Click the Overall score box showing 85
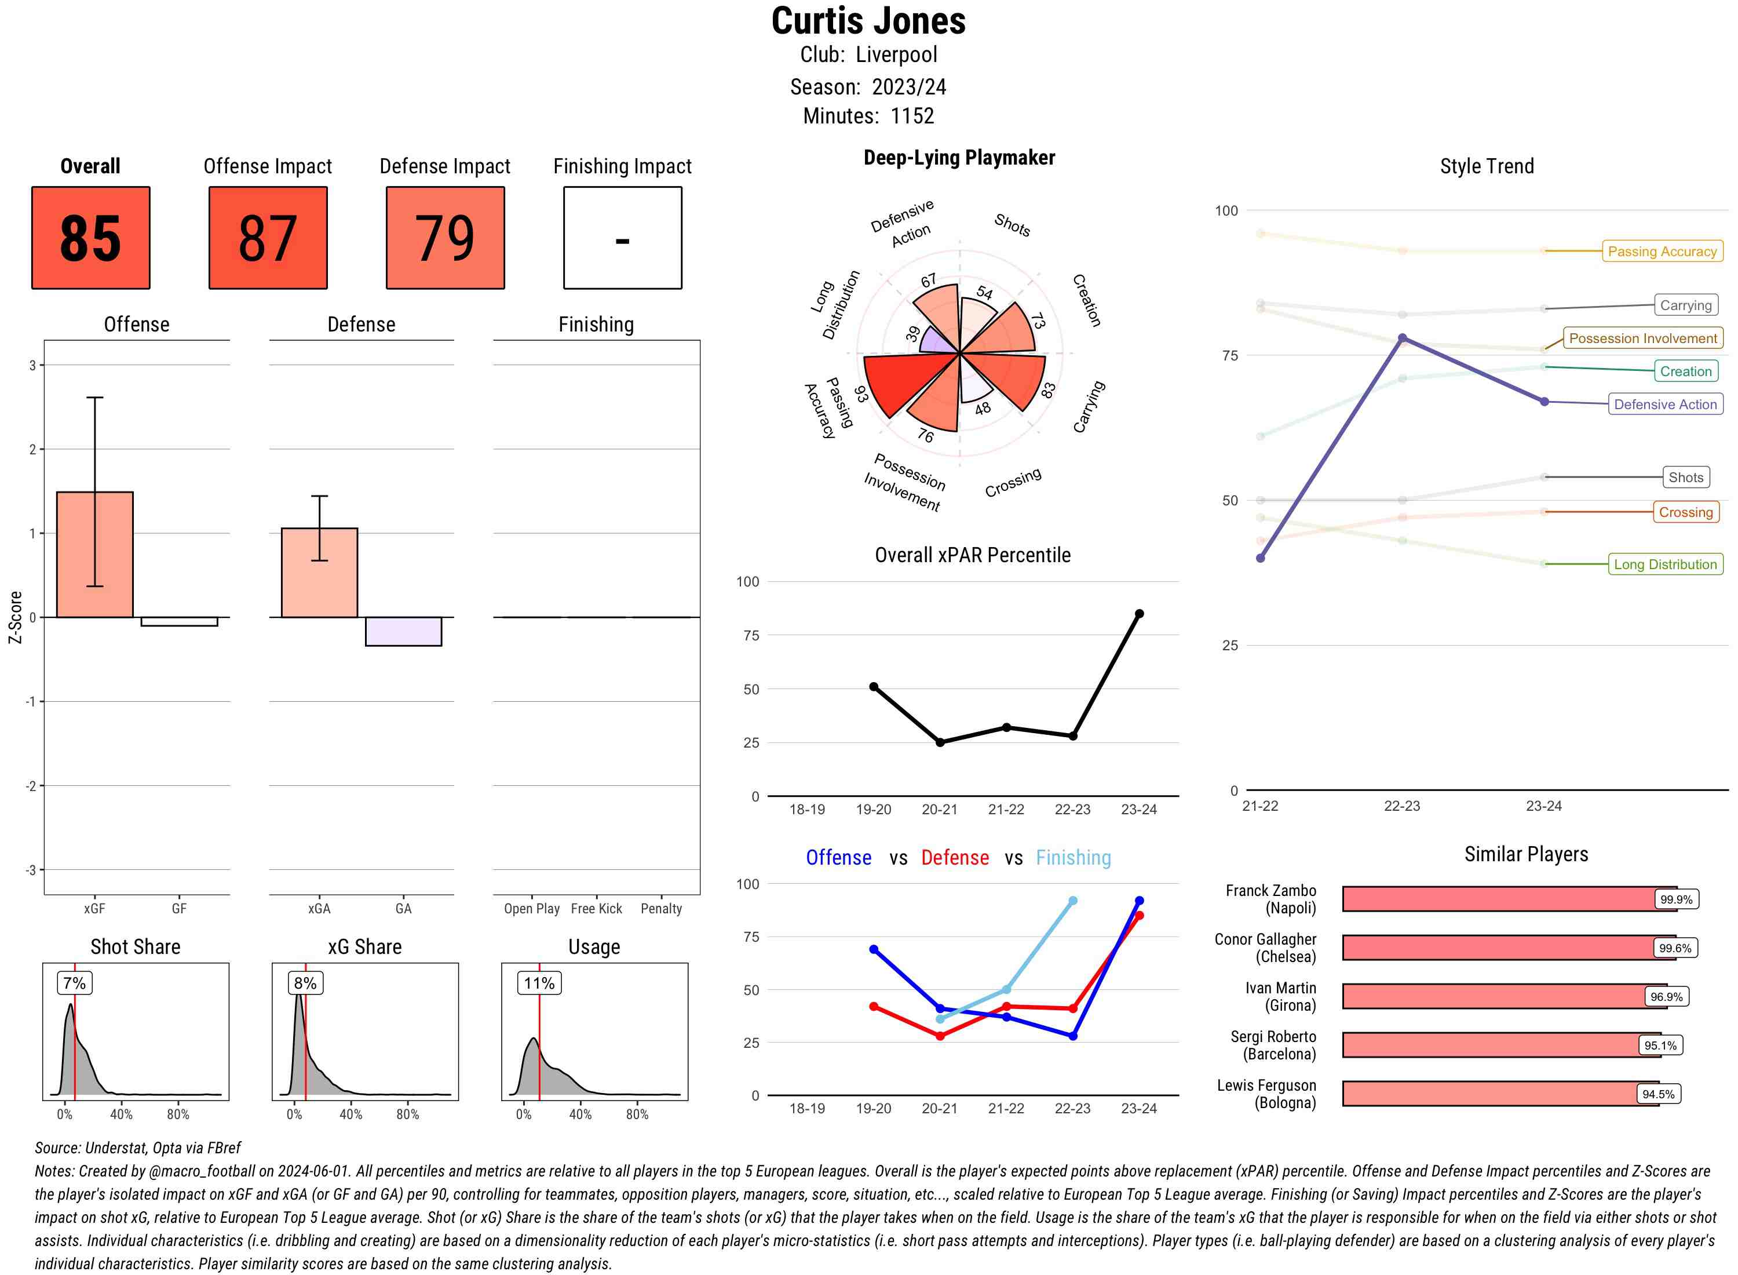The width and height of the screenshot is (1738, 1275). coord(90,238)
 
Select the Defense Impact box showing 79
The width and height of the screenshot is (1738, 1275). coord(445,238)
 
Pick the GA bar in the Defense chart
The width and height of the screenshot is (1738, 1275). coord(403,631)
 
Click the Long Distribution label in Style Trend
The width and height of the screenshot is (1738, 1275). coord(1665,564)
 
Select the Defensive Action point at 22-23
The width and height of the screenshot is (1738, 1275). coord(1401,338)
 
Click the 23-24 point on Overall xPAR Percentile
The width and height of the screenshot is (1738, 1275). coord(1138,614)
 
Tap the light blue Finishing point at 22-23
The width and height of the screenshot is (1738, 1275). coord(1072,901)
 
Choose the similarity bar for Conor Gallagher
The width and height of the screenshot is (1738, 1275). coord(1508,948)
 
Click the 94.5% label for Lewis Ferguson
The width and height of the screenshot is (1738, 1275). coord(1658,1094)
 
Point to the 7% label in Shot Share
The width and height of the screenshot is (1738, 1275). coord(75,982)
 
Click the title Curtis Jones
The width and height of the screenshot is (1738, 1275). coord(868,21)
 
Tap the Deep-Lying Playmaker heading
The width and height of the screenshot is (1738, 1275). coord(959,158)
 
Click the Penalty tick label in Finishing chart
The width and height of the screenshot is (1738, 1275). coord(661,908)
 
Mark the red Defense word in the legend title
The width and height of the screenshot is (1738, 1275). coord(954,858)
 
